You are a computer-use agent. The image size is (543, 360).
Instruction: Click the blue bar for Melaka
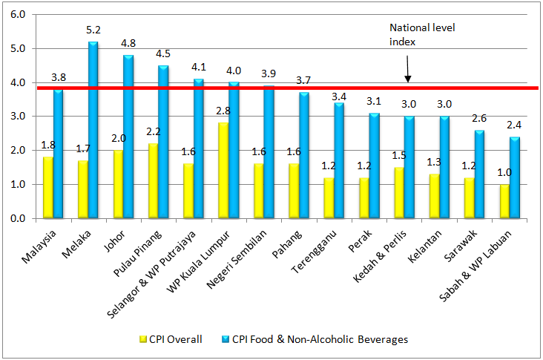(x=93, y=130)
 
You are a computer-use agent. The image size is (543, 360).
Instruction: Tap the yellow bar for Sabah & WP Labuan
(x=505, y=201)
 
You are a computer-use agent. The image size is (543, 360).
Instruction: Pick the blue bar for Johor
(x=128, y=137)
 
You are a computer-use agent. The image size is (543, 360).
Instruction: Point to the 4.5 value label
(x=164, y=53)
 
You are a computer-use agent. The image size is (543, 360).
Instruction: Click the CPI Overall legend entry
(x=176, y=339)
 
